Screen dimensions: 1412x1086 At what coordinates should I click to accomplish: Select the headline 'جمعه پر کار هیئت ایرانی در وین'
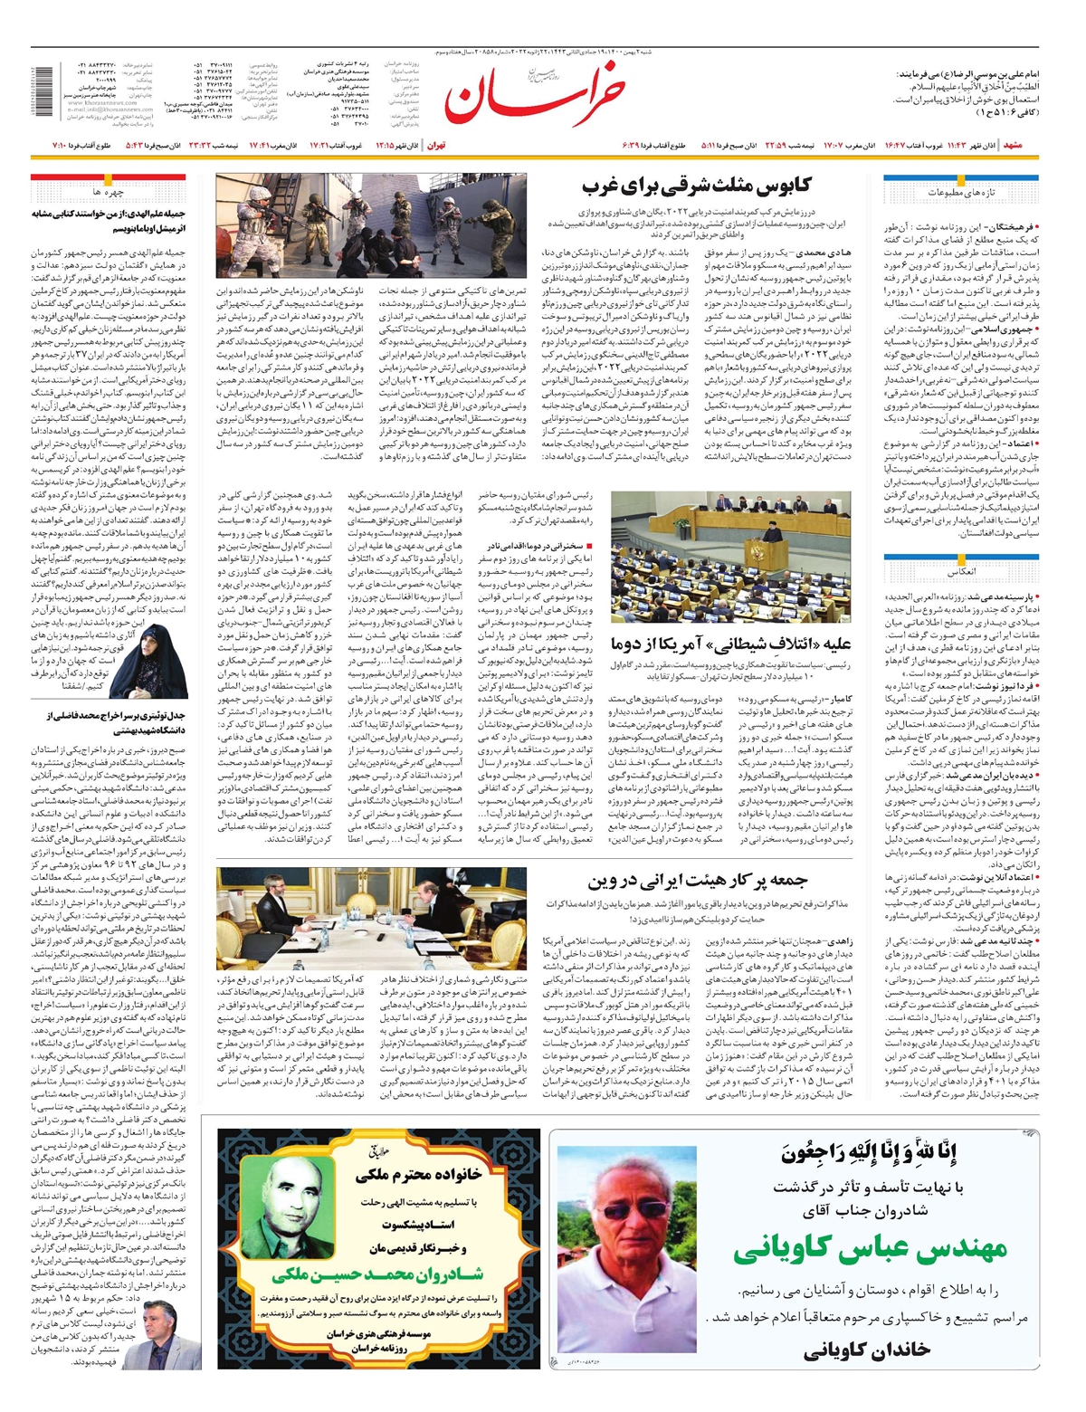pos(697,880)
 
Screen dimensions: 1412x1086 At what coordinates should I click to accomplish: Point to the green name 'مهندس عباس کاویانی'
pos(869,1250)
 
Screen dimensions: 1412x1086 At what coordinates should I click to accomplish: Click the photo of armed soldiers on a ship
pos(371,226)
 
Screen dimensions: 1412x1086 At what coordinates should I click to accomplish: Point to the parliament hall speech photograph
pos(730,558)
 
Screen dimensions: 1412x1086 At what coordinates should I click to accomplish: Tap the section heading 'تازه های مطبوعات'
pos(960,193)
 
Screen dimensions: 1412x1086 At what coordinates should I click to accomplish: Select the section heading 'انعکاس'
pos(961,573)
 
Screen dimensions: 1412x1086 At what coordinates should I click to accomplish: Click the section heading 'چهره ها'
pos(108,193)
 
